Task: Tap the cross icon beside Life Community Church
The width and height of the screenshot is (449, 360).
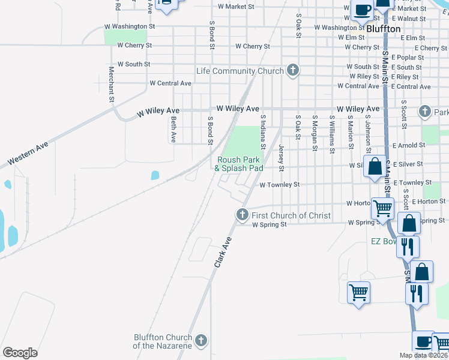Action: point(293,71)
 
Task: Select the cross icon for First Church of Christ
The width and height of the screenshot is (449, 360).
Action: point(243,215)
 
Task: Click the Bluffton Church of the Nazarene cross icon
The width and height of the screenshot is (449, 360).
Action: point(201,341)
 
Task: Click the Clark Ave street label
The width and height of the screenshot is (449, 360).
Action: point(223,251)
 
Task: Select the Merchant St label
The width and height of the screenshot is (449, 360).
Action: point(112,84)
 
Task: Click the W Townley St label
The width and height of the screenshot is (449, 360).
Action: point(279,185)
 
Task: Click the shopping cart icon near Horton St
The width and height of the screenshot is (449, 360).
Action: point(382,209)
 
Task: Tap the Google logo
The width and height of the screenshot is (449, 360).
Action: point(20,353)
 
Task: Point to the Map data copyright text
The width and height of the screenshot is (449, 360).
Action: point(424,355)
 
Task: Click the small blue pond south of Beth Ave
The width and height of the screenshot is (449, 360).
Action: point(155,175)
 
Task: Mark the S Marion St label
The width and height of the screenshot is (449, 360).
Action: point(349,133)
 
